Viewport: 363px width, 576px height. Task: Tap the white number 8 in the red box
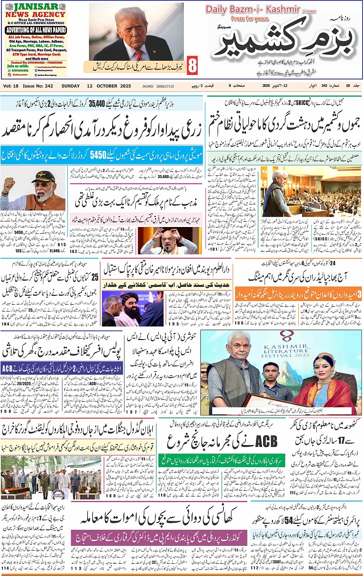coord(192,66)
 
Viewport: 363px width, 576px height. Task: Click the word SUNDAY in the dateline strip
coord(71,86)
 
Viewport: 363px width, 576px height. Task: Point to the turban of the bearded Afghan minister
coord(128,294)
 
